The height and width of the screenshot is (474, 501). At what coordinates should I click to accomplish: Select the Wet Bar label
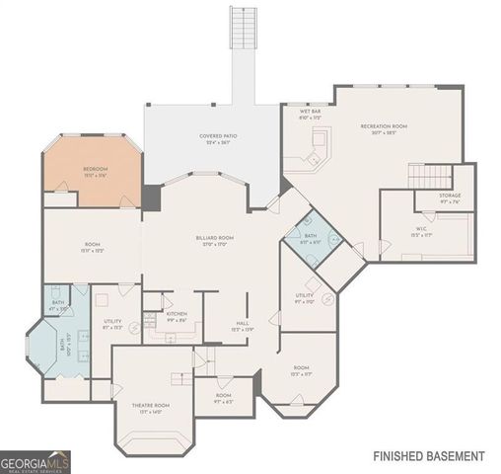tap(311, 113)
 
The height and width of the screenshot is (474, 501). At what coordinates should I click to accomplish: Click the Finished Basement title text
tap(428, 456)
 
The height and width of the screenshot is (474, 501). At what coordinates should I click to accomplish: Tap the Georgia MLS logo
tap(36, 462)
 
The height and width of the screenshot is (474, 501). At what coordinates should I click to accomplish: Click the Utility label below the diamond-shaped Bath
tap(305, 297)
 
